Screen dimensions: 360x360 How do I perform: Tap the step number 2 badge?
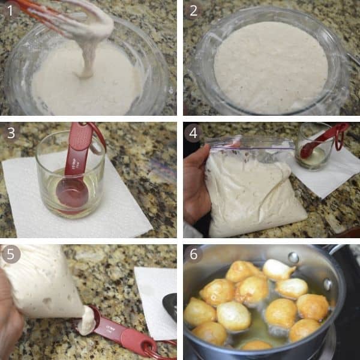(193, 10)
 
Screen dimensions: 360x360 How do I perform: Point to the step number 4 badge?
(193, 133)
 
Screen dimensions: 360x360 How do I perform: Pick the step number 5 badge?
(10, 254)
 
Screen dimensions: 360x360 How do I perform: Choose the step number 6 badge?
(193, 254)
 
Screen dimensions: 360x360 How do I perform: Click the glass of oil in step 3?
(70, 174)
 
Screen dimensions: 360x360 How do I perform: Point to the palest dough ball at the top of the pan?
(278, 269)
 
